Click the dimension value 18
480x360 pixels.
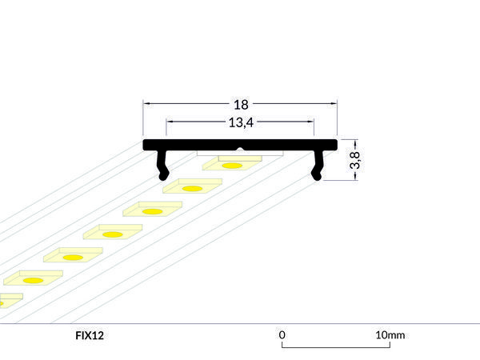click(x=241, y=104)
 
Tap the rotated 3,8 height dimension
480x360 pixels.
click(x=356, y=160)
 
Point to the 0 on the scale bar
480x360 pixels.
click(x=282, y=334)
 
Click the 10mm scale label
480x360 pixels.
click(x=390, y=334)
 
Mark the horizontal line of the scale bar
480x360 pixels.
click(x=336, y=346)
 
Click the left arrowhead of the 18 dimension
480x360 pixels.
click(x=147, y=104)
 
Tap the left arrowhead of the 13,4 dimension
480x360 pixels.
click(x=170, y=122)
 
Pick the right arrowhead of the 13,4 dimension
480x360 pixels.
click(x=310, y=122)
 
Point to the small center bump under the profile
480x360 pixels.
click(x=239, y=150)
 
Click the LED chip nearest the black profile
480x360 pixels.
click(x=232, y=165)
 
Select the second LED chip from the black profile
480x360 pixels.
click(x=192, y=188)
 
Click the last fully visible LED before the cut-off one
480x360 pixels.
click(x=34, y=280)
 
